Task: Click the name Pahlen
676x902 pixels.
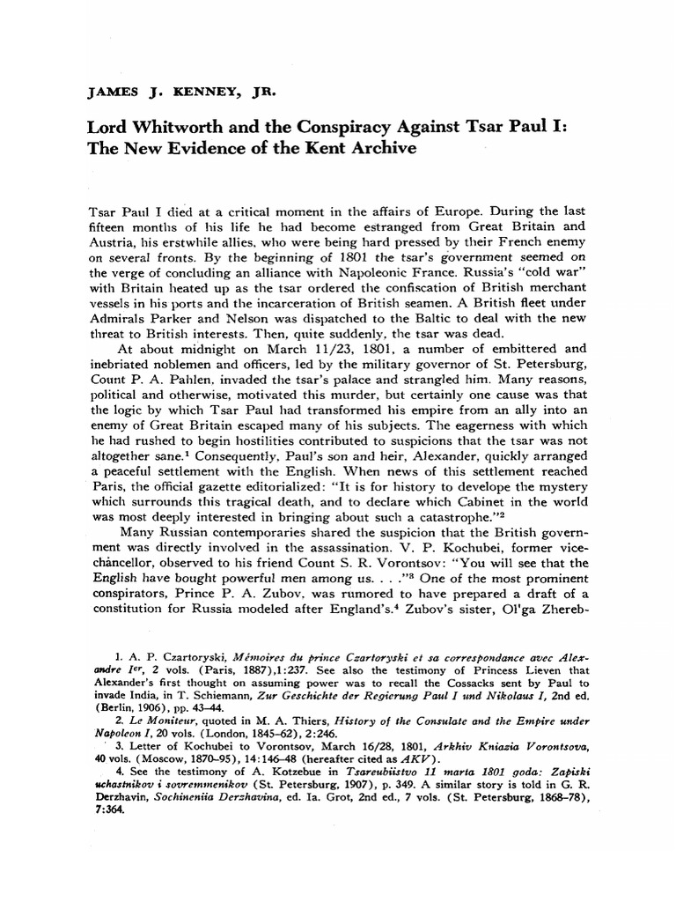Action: [x=195, y=360]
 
